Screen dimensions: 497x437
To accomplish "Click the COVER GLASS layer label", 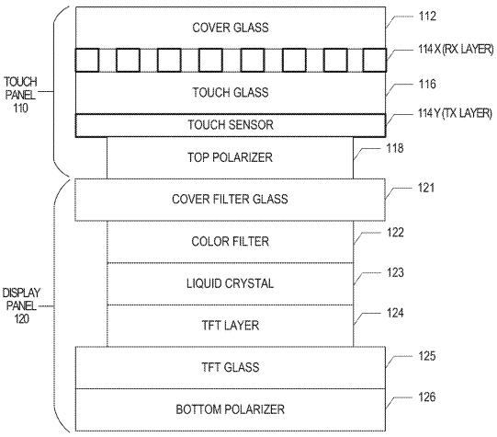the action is tap(231, 28).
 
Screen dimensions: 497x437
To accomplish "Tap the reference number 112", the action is tap(427, 16).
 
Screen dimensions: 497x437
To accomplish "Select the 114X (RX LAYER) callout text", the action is tap(456, 49).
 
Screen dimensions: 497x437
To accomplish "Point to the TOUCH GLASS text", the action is tap(231, 92).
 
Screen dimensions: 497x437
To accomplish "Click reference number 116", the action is tap(427, 84).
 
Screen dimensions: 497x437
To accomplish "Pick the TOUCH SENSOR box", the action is tap(231, 125).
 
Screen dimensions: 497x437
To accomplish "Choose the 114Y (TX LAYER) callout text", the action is tap(455, 113).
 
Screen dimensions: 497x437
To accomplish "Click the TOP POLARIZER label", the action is tap(230, 157).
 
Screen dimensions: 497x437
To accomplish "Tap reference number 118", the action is tap(395, 148).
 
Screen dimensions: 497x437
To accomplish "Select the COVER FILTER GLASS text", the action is tap(230, 199).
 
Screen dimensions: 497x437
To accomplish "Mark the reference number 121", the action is tap(426, 188).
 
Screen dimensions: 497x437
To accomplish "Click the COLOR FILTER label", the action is tap(230, 242).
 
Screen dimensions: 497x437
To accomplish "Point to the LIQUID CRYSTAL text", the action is tap(230, 283).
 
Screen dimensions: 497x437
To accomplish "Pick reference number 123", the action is tap(395, 272).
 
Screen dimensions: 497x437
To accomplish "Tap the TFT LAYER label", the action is tap(231, 326).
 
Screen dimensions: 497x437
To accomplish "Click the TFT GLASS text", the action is tap(231, 367).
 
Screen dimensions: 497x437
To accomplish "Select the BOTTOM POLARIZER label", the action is tap(230, 409).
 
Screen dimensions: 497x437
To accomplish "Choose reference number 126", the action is tap(427, 397).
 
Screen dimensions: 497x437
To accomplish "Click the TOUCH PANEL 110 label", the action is tap(20, 95).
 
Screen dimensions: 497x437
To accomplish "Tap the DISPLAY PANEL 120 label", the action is tap(21, 305).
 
